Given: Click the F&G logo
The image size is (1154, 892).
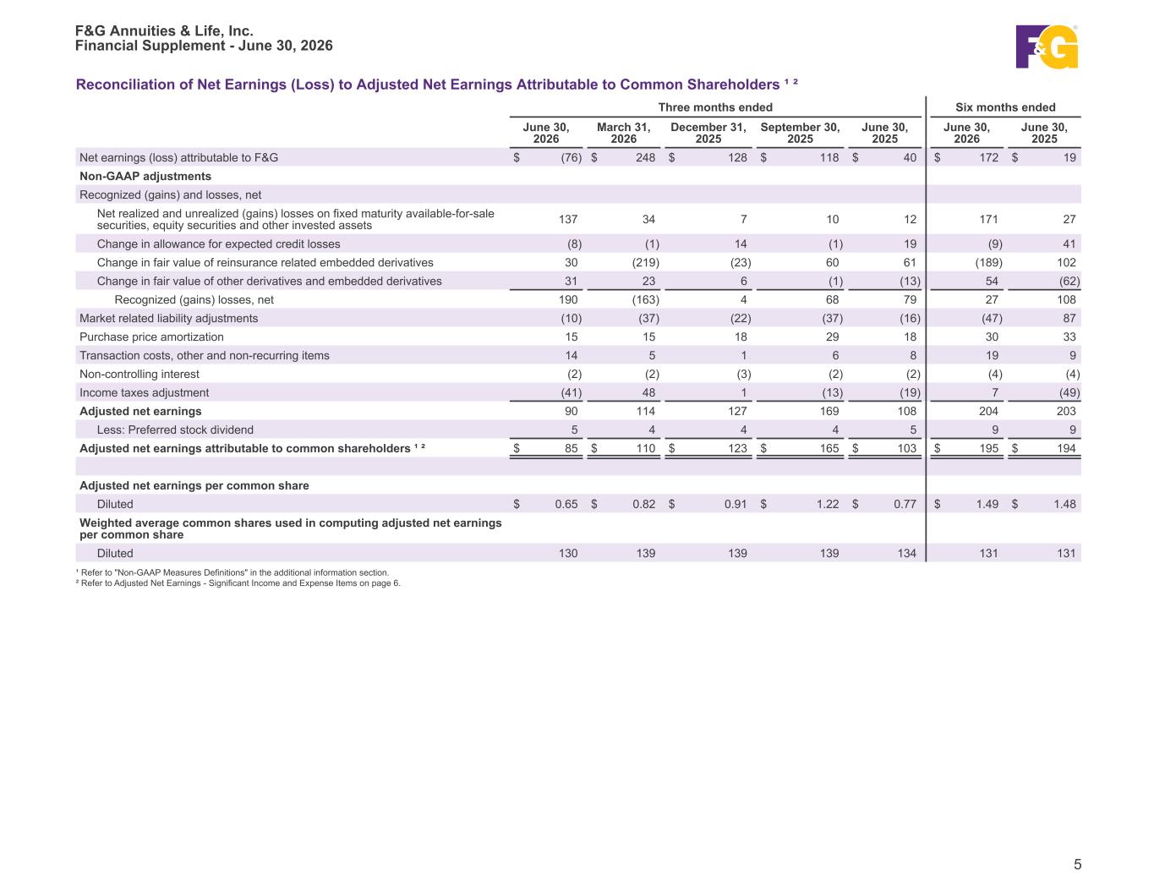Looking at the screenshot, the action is [x=1046, y=47].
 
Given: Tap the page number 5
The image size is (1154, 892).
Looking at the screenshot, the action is [x=1077, y=864].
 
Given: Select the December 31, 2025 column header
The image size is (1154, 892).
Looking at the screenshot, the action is [x=708, y=133].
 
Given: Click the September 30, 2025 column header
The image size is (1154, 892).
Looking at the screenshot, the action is [x=800, y=133].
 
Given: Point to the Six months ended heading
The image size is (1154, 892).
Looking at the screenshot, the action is [x=1004, y=107].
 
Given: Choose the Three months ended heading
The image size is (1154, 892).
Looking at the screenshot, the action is [x=715, y=107].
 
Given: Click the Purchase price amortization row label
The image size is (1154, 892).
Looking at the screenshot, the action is [x=151, y=337].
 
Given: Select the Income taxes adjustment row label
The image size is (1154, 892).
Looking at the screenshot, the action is [x=144, y=393].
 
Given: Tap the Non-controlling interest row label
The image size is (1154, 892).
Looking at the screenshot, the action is [x=139, y=375].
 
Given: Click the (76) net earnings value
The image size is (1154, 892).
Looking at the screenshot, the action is [x=571, y=158].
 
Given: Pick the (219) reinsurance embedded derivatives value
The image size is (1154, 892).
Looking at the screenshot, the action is [x=645, y=263].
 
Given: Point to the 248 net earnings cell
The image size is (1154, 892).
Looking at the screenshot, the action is [x=645, y=158].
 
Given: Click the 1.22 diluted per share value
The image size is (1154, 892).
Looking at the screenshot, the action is [x=828, y=505].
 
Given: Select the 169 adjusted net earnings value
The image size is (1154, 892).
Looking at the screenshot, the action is [x=829, y=412].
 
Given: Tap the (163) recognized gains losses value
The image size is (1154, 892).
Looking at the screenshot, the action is [x=645, y=300].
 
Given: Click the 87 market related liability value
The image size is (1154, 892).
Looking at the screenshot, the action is [x=1069, y=319].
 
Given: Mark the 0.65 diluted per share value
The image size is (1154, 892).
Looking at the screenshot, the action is [x=566, y=505].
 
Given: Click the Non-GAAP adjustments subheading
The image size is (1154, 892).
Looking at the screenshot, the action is [x=145, y=176].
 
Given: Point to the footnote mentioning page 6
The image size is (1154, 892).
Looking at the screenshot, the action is [x=238, y=583].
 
